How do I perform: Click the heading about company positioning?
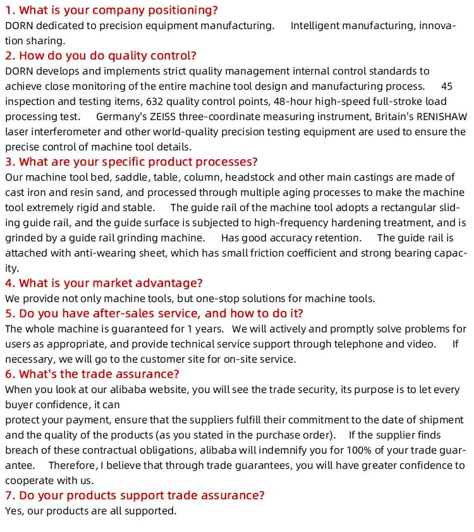pyautogui.click(x=111, y=10)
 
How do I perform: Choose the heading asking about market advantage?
pyautogui.click(x=104, y=283)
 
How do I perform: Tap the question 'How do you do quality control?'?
pyautogui.click(x=101, y=56)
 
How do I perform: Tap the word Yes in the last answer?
pyautogui.click(x=13, y=511)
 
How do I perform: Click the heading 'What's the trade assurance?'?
pyautogui.click(x=92, y=374)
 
